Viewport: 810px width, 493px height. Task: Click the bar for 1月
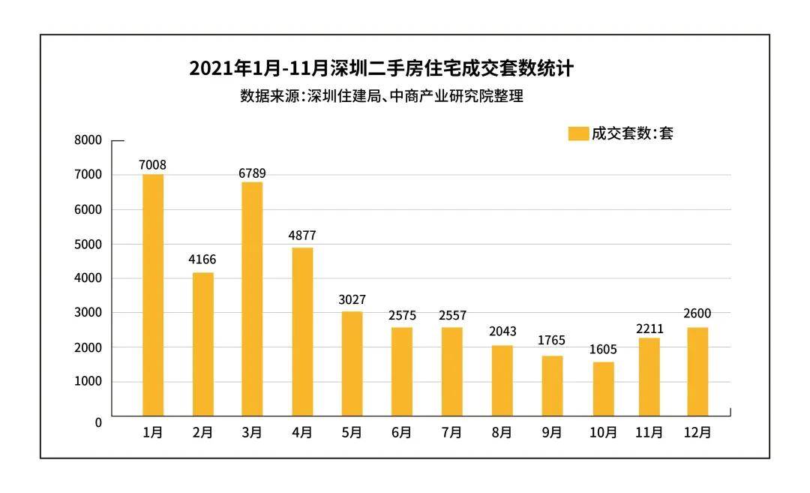click(x=153, y=295)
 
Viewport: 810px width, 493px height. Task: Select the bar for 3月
click(x=252, y=299)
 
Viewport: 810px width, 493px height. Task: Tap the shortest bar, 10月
click(x=603, y=389)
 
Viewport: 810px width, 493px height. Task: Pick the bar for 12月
click(x=697, y=371)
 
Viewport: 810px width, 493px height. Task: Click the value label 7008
click(x=152, y=165)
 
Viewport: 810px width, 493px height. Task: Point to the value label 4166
click(x=202, y=260)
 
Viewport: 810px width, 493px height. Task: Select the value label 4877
click(x=302, y=236)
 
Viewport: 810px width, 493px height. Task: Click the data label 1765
click(x=552, y=341)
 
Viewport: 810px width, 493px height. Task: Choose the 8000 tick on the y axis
click(x=88, y=140)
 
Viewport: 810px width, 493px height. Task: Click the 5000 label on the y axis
click(x=88, y=244)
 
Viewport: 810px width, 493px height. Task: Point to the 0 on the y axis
click(x=98, y=422)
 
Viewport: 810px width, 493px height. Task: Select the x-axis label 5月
click(x=352, y=433)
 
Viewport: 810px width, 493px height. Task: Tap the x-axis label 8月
click(x=502, y=433)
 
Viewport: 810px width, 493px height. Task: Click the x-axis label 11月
click(x=649, y=433)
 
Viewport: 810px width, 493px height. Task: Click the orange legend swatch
click(x=578, y=134)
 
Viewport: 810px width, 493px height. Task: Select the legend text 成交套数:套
click(x=632, y=134)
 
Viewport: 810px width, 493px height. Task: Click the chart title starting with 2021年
click(x=381, y=69)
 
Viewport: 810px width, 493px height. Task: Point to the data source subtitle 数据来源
click(x=381, y=96)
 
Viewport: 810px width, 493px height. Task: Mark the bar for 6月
click(x=401, y=371)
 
